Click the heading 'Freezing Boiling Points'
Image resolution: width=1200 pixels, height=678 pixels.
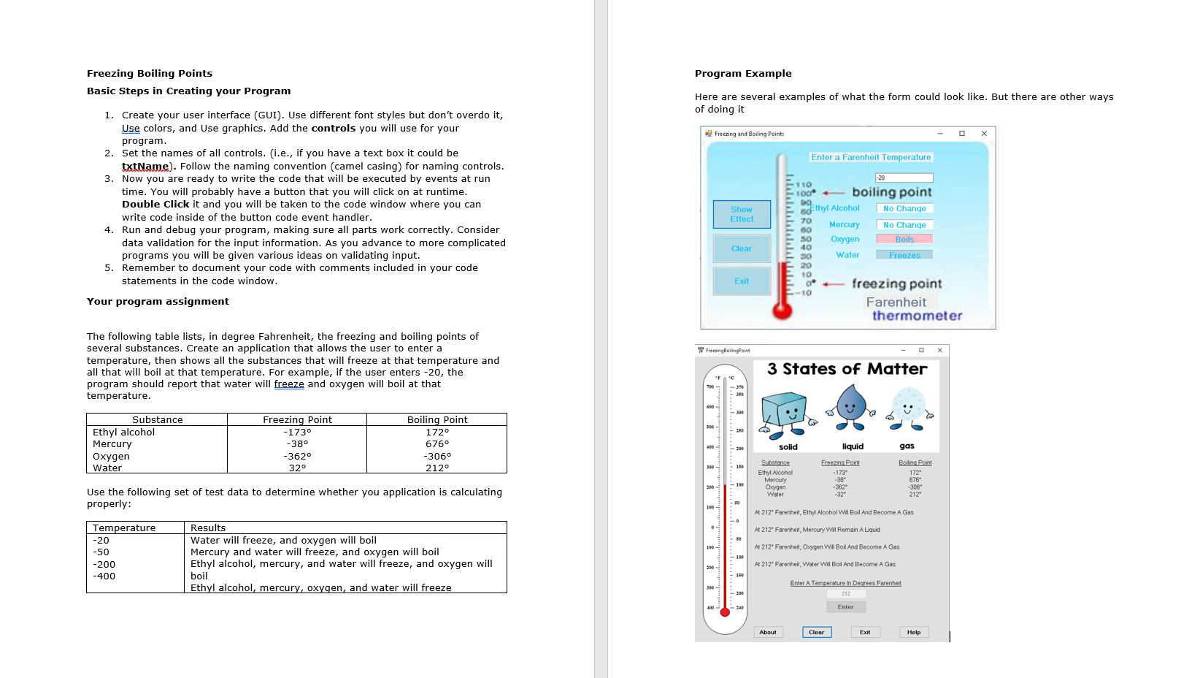[x=150, y=73]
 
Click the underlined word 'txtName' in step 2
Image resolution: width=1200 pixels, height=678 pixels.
[x=145, y=166]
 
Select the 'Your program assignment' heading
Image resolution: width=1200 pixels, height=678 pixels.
[x=158, y=301]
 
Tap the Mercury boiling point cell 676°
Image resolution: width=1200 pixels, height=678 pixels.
[x=437, y=443]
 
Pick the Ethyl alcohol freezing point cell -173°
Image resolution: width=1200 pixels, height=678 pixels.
[x=297, y=432]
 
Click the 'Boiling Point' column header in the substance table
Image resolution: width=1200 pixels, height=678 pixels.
[x=437, y=419]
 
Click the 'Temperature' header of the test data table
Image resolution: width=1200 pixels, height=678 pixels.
[x=124, y=527]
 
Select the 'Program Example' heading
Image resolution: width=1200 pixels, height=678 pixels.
[x=743, y=73]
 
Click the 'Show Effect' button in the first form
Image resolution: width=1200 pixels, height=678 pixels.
[x=742, y=214]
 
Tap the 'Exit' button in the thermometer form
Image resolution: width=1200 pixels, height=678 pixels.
[x=742, y=281]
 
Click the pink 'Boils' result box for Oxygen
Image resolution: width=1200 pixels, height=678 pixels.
[x=904, y=239]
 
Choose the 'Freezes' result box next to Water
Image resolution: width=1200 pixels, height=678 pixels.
[x=904, y=255]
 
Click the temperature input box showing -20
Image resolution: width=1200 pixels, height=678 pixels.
[x=904, y=178]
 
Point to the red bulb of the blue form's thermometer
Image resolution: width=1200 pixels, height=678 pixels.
[x=782, y=311]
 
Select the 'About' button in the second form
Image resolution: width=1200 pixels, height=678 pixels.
[x=768, y=632]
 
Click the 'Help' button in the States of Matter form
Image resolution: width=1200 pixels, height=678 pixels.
[x=914, y=632]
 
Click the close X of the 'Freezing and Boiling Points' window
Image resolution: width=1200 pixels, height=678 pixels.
[x=984, y=133]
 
